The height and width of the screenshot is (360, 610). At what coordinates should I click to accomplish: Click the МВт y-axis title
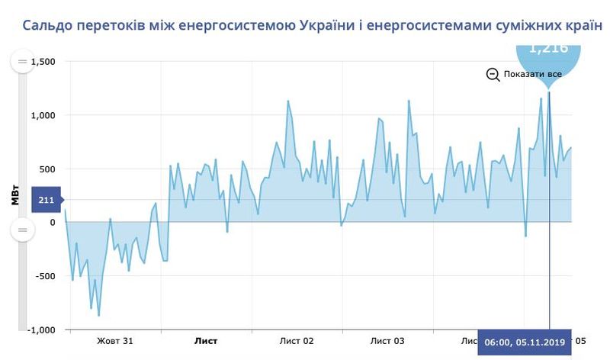[15, 195]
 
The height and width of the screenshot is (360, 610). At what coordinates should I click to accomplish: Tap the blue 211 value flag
[45, 200]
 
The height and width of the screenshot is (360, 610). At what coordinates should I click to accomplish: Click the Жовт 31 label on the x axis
[115, 341]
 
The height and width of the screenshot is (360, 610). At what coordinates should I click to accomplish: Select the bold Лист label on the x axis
[206, 341]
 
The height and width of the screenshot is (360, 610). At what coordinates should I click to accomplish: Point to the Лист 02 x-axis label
[297, 341]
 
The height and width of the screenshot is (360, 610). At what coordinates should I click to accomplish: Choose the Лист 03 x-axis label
[387, 341]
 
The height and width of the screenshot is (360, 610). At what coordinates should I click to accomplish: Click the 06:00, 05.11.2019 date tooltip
[525, 343]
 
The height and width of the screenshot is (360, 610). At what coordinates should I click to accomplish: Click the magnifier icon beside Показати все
[493, 74]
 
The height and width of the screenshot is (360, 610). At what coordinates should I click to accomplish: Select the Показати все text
[533, 74]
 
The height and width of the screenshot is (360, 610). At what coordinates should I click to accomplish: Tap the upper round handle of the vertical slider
[21, 61]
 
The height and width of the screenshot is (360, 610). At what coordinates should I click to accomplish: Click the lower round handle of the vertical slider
[21, 230]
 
